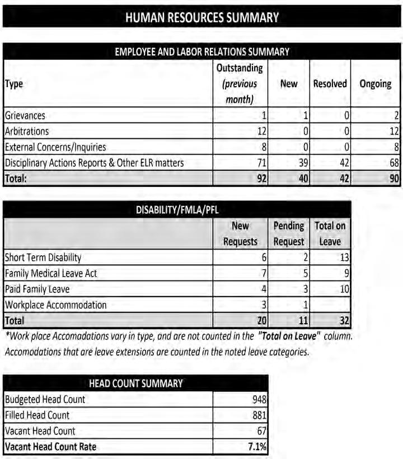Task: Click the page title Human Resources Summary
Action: (x=202, y=17)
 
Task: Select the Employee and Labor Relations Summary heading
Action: (x=202, y=52)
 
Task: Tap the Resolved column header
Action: (x=330, y=83)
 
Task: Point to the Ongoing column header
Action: (x=375, y=83)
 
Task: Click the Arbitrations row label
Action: (x=27, y=132)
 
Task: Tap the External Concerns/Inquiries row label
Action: (x=55, y=147)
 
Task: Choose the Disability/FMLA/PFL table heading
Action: (x=177, y=210)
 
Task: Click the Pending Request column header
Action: (x=289, y=234)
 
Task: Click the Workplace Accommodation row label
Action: (x=55, y=305)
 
